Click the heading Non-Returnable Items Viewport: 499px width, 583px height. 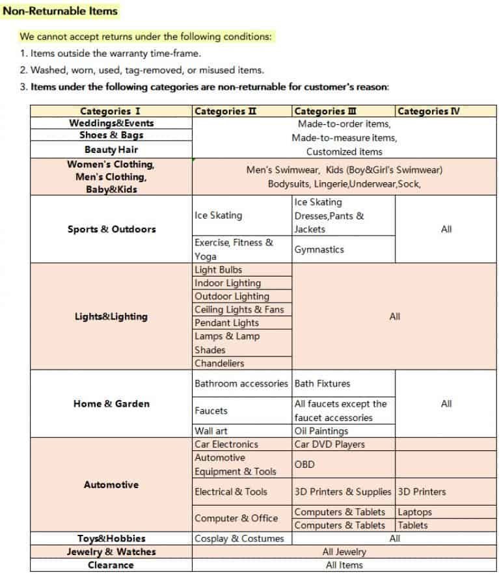[x=61, y=11]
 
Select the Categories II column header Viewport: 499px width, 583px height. [x=225, y=111]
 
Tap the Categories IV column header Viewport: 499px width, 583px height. [x=428, y=111]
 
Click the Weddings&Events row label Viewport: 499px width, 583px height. [x=111, y=123]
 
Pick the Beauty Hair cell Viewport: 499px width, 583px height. [x=111, y=150]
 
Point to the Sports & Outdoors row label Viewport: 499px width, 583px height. [x=111, y=229]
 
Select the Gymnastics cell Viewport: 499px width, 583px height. [x=319, y=249]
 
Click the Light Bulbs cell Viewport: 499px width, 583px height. [x=219, y=269]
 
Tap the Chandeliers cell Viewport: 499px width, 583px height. [x=219, y=363]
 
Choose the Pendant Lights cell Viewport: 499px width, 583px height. [x=226, y=323]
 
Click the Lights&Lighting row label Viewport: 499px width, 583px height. [x=111, y=317]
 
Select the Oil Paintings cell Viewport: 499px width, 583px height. [x=321, y=431]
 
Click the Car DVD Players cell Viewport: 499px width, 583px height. [x=329, y=444]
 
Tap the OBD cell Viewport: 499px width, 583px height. [x=304, y=465]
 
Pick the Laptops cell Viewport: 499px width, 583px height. [x=414, y=512]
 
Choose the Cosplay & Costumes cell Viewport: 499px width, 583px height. [x=239, y=539]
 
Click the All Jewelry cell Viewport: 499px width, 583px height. [x=344, y=552]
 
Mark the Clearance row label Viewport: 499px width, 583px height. [x=111, y=565]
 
